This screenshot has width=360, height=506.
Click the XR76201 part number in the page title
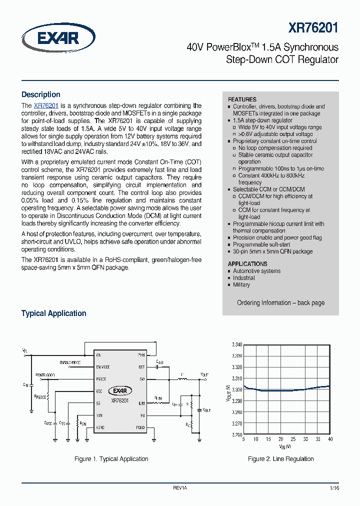pyautogui.click(x=313, y=28)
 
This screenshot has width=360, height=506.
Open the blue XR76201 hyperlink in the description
pyautogui.click(x=46, y=106)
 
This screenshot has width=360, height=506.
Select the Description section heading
pyautogui.click(x=40, y=94)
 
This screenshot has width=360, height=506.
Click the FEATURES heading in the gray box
pyautogui.click(x=242, y=99)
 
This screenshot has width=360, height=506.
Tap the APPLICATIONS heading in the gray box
pyautogui.click(x=247, y=263)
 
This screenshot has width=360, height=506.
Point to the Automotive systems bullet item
pyautogui.click(x=256, y=271)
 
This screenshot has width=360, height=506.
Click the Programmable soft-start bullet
pyautogui.click(x=261, y=244)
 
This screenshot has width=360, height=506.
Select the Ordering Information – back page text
pyautogui.click(x=280, y=302)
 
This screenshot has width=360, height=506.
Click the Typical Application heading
pyautogui.click(x=53, y=313)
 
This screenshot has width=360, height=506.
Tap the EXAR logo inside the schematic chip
pyautogui.click(x=120, y=391)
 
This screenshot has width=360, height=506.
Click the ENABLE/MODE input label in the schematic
pyautogui.click(x=70, y=361)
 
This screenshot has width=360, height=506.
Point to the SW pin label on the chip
pyautogui.click(x=142, y=379)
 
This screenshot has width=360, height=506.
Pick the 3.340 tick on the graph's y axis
pyautogui.click(x=236, y=345)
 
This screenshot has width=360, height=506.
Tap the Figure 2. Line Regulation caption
pyautogui.click(x=280, y=458)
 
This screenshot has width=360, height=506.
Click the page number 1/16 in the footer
pyautogui.click(x=334, y=487)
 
